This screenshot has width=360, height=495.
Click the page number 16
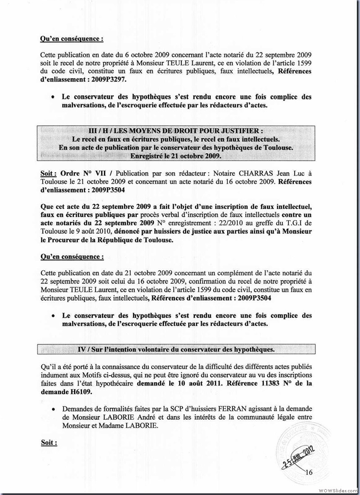[x=309, y=472]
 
